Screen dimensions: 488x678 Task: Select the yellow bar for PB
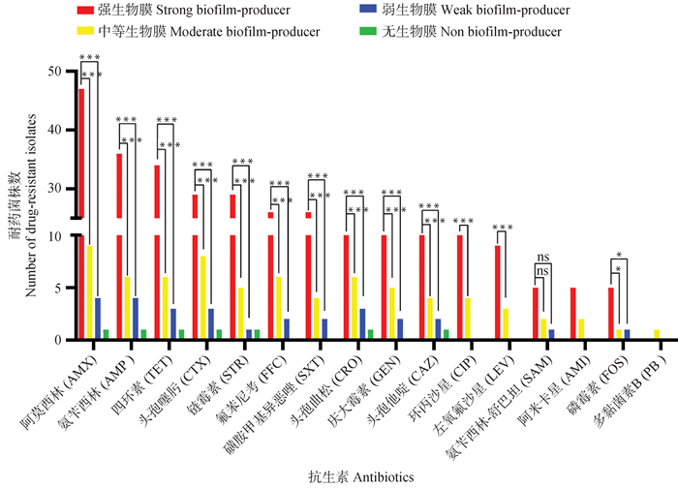(x=656, y=334)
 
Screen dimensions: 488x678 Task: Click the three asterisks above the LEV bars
(x=503, y=229)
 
